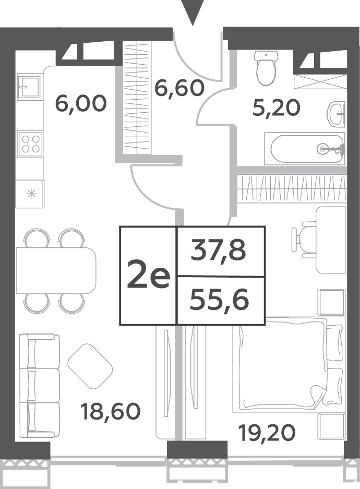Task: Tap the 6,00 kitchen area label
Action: tap(81, 104)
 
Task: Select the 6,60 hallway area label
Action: tap(179, 88)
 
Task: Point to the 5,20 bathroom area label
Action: tap(276, 108)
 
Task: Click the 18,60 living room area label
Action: tap(110, 411)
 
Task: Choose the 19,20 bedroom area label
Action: tap(267, 433)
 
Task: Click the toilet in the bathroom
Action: tap(266, 68)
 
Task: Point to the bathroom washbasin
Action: tap(337, 114)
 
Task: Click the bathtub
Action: tap(305, 149)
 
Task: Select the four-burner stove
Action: tap(30, 144)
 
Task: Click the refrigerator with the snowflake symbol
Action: tap(30, 194)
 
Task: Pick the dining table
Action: tap(56, 270)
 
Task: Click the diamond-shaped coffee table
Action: tap(90, 366)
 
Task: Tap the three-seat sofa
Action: tap(39, 386)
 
